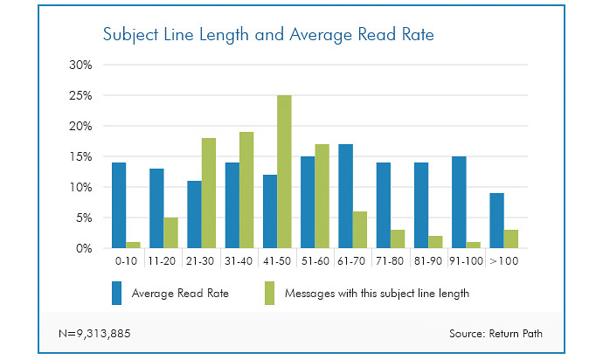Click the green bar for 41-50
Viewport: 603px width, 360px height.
tap(284, 172)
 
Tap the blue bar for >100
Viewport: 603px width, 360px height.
tap(496, 220)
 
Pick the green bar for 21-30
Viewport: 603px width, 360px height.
tap(209, 193)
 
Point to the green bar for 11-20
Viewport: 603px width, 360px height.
tap(171, 232)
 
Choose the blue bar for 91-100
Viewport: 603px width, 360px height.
tap(459, 202)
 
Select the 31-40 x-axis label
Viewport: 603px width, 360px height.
tap(239, 260)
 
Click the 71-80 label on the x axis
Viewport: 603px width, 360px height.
tap(390, 260)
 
